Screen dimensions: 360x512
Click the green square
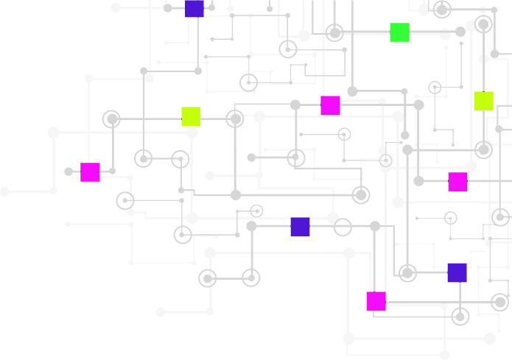click(x=399, y=32)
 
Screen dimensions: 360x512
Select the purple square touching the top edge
click(x=194, y=8)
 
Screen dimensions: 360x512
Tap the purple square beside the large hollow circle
click(x=300, y=227)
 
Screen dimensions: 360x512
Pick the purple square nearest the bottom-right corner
click(x=457, y=272)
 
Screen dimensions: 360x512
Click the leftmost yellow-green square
click(x=191, y=116)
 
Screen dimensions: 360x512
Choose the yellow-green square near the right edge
click(x=483, y=101)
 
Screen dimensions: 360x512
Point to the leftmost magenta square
click(x=90, y=172)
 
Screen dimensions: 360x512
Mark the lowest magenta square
click(x=376, y=301)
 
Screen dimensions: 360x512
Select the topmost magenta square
click(x=330, y=105)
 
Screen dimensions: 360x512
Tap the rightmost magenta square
click(x=457, y=182)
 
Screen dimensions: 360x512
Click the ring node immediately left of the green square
click(x=334, y=32)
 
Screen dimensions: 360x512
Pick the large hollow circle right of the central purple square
click(x=343, y=227)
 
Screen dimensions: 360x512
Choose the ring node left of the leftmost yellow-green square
click(x=111, y=119)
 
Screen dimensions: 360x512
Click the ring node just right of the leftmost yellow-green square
click(x=235, y=119)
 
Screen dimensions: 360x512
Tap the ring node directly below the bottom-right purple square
click(x=460, y=317)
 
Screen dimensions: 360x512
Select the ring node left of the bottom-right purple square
click(x=407, y=273)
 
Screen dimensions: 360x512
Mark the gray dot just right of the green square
click(x=445, y=34)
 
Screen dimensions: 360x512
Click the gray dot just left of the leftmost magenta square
click(x=69, y=172)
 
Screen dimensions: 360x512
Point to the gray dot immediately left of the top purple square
click(x=167, y=8)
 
